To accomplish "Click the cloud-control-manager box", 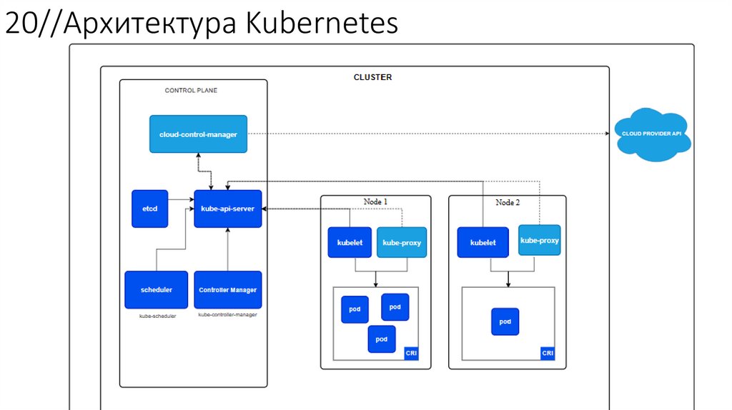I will tap(198, 134).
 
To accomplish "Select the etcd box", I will tap(150, 209).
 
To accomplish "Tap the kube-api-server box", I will tap(228, 209).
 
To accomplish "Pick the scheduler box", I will tap(156, 289).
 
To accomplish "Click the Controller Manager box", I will tap(227, 289).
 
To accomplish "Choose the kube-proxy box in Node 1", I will tap(402, 242).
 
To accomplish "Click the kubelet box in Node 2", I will tap(483, 242).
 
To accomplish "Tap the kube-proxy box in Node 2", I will tap(539, 240).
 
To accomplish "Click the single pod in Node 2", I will tap(505, 321).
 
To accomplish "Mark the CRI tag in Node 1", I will tap(411, 353).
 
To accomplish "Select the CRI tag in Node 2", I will tap(548, 353).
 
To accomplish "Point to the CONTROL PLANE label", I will tap(191, 91).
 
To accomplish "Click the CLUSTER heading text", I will tap(372, 77).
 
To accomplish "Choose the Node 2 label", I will tap(508, 202).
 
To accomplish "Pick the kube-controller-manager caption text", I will tap(227, 314).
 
